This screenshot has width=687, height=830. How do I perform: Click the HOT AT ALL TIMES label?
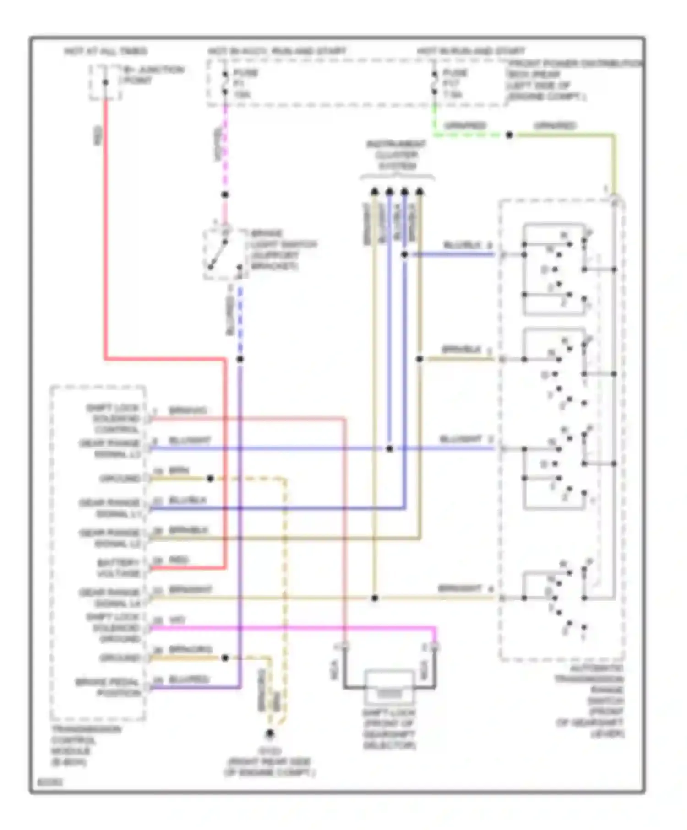pyautogui.click(x=105, y=51)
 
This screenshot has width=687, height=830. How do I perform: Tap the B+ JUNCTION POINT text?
pyautogui.click(x=152, y=75)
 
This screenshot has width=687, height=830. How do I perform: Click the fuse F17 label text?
pyautogui.click(x=455, y=83)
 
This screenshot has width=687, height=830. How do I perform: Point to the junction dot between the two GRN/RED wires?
pyautogui.click(x=509, y=135)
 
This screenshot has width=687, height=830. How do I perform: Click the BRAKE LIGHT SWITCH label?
pyautogui.click(x=283, y=249)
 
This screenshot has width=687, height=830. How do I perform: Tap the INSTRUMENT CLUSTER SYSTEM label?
pyautogui.click(x=396, y=155)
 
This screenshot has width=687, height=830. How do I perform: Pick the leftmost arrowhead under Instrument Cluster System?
pyautogui.click(x=375, y=192)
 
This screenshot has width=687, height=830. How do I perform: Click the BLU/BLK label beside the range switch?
pyautogui.click(x=463, y=245)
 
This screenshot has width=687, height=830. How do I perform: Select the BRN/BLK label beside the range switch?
pyautogui.click(x=461, y=350)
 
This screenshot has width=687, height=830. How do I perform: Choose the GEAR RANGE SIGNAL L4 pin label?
pyautogui.click(x=110, y=598)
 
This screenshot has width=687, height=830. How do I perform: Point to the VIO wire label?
pyautogui.click(x=177, y=620)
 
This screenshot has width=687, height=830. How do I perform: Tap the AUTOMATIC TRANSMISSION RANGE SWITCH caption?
pyautogui.click(x=590, y=701)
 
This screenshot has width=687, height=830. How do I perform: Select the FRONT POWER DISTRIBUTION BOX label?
pyautogui.click(x=572, y=80)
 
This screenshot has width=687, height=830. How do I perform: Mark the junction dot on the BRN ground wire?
pyautogui.click(x=210, y=479)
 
